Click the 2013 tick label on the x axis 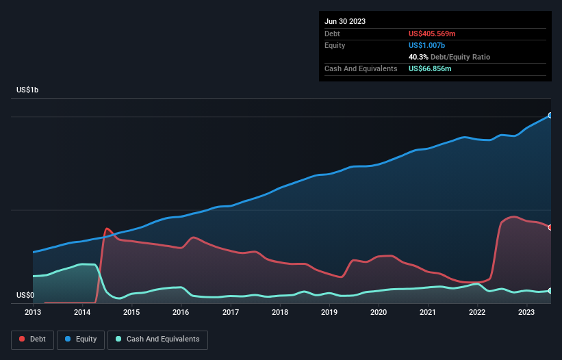33,312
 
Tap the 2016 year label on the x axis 181,312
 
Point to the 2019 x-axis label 329,312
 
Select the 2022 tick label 477,312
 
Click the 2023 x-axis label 526,312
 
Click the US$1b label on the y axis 31,90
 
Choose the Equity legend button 81,339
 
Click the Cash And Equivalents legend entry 157,339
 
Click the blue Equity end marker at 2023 550,116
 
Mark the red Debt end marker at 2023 550,227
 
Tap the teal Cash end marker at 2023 550,291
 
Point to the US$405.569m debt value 432,34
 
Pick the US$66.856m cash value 430,68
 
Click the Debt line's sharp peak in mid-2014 107,229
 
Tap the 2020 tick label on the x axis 379,312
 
